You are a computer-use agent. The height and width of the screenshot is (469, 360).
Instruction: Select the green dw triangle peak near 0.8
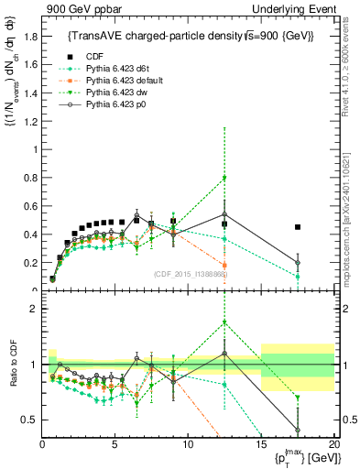coord(224,178)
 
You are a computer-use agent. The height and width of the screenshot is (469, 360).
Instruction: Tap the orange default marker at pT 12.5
coord(224,266)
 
